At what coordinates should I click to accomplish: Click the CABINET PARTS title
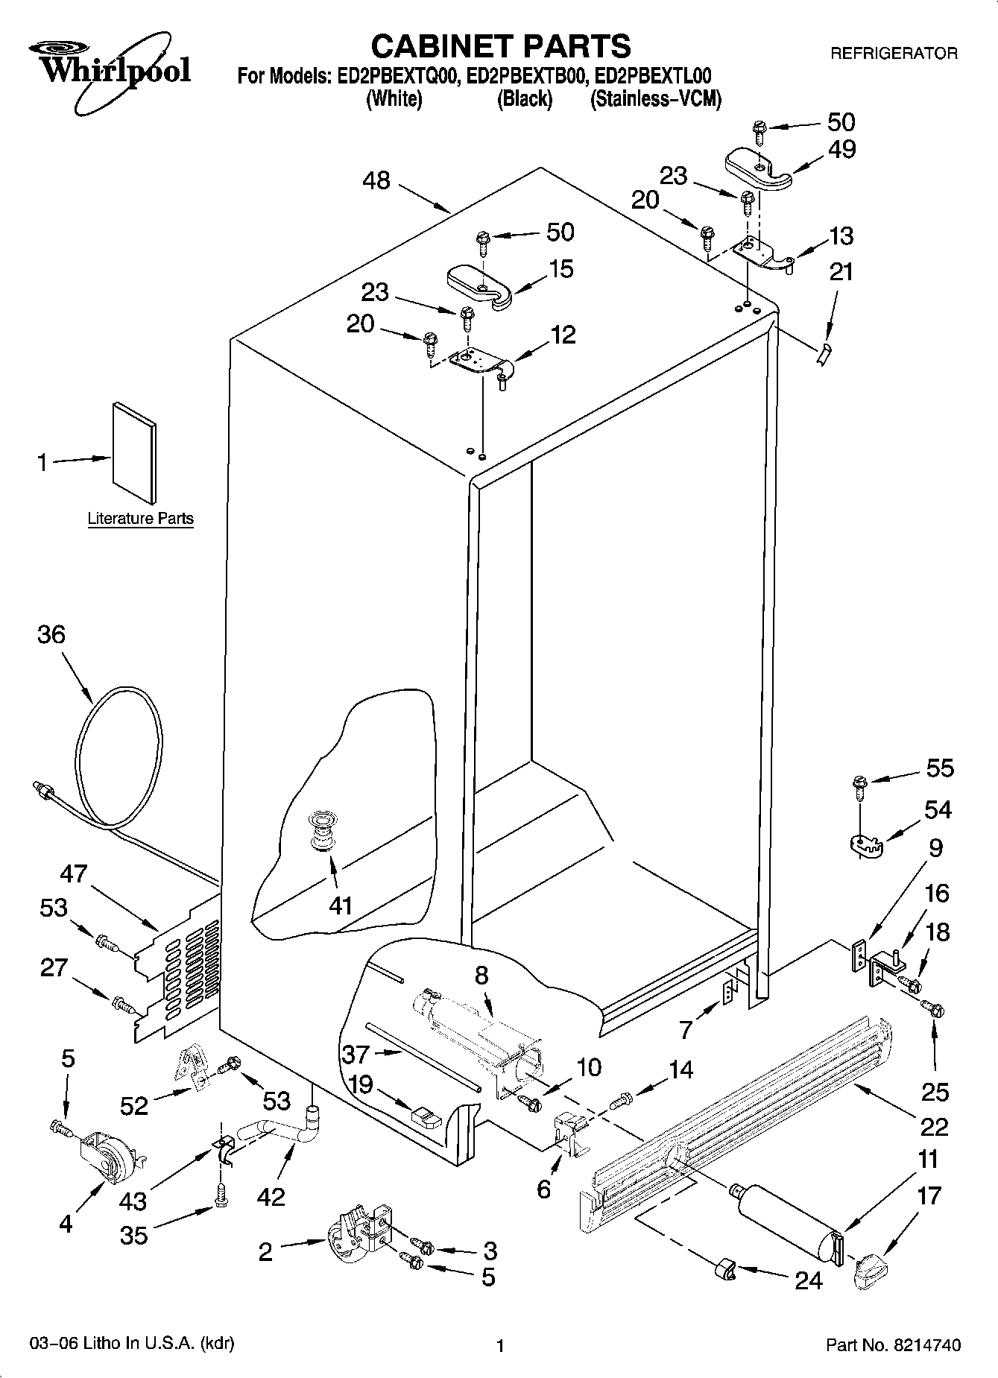pyautogui.click(x=500, y=46)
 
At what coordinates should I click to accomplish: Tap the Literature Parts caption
pyautogui.click(x=140, y=519)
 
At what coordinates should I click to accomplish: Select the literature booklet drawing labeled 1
pyautogui.click(x=135, y=452)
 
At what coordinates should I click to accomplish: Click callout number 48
pyautogui.click(x=377, y=180)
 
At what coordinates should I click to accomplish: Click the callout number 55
pyautogui.click(x=940, y=768)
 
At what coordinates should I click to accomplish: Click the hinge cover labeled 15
pyautogui.click(x=480, y=284)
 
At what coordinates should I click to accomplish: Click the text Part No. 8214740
pyautogui.click(x=893, y=1345)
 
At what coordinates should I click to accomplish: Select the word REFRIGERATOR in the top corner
pyautogui.click(x=894, y=54)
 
